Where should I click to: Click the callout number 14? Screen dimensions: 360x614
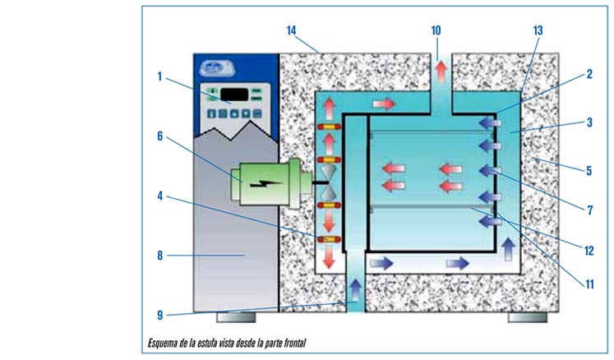[291, 30]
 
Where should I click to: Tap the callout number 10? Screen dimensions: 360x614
[436, 30]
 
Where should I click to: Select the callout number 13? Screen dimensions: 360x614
[538, 30]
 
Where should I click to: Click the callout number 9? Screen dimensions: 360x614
[161, 313]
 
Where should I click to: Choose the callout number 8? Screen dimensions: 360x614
[161, 256]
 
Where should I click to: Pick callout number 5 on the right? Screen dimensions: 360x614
[589, 172]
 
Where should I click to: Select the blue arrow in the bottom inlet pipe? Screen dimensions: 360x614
[355, 288]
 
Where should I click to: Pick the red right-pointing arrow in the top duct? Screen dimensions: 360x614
[384, 104]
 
